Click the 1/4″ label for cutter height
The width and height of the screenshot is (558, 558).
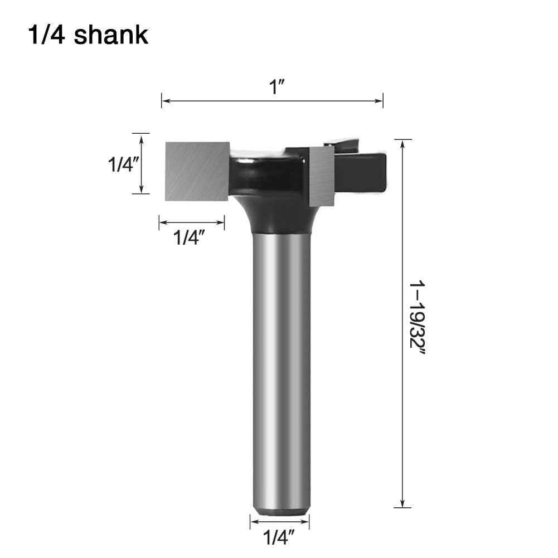pyautogui.click(x=122, y=164)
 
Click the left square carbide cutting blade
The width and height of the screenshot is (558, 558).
pyautogui.click(x=197, y=171)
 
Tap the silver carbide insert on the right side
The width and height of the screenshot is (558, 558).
pyautogui.click(x=322, y=176)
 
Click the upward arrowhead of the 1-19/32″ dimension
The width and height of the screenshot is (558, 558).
pyautogui.click(x=402, y=143)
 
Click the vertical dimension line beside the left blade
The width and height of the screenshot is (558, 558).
pyautogui.click(x=141, y=164)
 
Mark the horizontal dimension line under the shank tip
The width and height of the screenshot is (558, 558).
pyautogui.click(x=279, y=522)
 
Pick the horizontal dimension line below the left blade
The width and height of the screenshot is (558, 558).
pyautogui.click(x=192, y=224)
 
